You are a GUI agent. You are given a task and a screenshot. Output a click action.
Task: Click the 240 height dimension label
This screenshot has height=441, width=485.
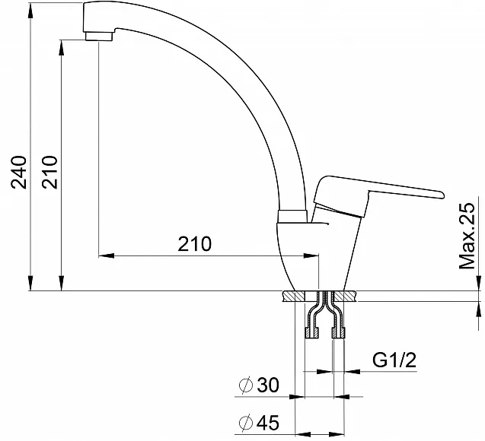click(19, 172)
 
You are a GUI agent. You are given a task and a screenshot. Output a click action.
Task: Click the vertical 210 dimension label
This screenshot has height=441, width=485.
click(50, 172)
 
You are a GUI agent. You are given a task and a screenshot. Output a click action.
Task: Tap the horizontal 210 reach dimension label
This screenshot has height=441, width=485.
click(195, 243)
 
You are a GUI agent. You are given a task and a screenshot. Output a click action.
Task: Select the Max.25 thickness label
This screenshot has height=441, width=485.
click(467, 236)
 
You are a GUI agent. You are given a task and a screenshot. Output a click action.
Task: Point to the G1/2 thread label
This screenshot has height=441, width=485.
click(394, 360)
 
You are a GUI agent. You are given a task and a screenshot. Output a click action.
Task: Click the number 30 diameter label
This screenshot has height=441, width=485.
click(268, 385)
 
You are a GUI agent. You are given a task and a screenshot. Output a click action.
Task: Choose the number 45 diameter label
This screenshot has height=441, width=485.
click(268, 422)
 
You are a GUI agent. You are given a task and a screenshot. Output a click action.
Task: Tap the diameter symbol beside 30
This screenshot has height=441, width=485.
click(246, 385)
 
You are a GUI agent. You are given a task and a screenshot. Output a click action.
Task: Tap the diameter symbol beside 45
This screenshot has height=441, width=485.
click(246, 423)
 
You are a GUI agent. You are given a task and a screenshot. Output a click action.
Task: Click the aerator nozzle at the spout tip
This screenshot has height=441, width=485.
click(99, 36)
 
